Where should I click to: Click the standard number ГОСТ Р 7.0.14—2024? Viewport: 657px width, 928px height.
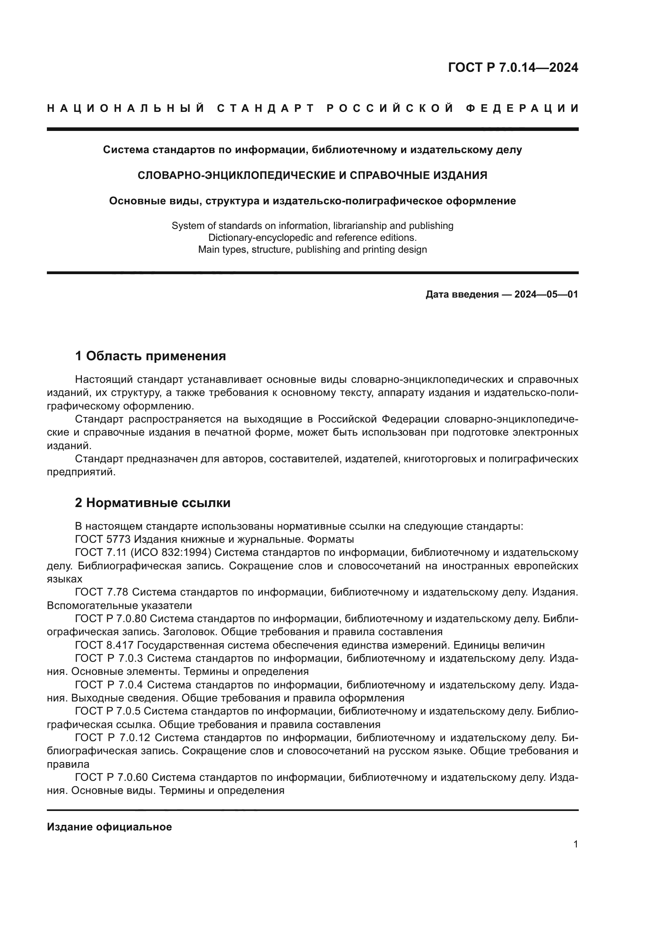click(513, 67)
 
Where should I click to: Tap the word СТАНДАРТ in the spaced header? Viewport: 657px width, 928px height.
click(266, 108)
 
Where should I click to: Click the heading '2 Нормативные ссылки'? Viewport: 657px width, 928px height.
click(153, 503)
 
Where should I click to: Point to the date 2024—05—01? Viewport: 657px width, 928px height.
click(546, 294)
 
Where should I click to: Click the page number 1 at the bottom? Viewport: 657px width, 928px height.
click(576, 844)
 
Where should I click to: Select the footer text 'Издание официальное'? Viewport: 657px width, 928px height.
click(109, 827)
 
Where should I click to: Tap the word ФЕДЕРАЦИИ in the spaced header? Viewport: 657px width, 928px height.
click(522, 108)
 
